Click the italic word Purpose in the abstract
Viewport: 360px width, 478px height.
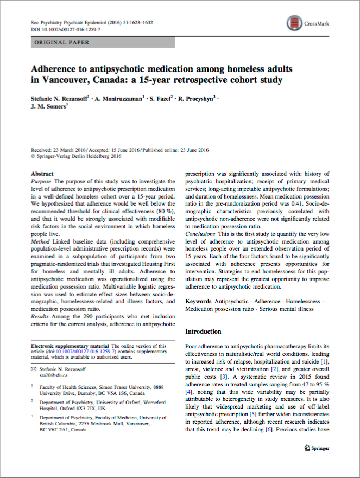[42, 181]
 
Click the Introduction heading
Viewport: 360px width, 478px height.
[203, 331]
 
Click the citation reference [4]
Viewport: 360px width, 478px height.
[189, 391]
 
